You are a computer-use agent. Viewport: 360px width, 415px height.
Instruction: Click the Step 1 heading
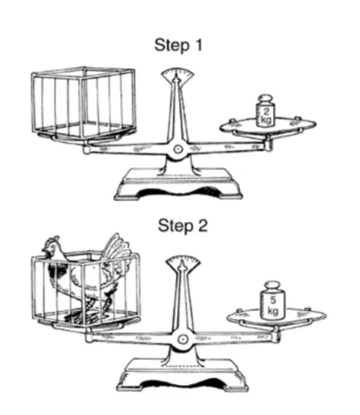tap(178, 45)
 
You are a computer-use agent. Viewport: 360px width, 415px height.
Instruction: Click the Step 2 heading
tap(182, 226)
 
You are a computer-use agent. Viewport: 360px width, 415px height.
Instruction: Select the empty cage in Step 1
tap(84, 102)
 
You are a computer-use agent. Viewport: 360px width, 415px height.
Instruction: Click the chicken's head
tap(52, 247)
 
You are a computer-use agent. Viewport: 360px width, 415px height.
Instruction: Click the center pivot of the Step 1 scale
tap(178, 149)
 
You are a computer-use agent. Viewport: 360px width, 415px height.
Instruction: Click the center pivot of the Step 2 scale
tap(182, 339)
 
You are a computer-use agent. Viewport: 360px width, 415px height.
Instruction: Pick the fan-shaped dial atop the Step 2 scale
tap(183, 262)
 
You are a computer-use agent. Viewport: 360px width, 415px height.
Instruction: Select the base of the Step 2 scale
tap(182, 375)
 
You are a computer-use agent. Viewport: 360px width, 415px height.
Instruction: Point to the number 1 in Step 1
tap(198, 45)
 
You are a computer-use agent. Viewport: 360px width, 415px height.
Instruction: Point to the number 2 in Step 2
tap(202, 226)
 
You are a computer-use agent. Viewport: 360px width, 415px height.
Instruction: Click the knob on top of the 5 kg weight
tap(273, 286)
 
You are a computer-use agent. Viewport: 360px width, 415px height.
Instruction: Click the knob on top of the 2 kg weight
tap(265, 98)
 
